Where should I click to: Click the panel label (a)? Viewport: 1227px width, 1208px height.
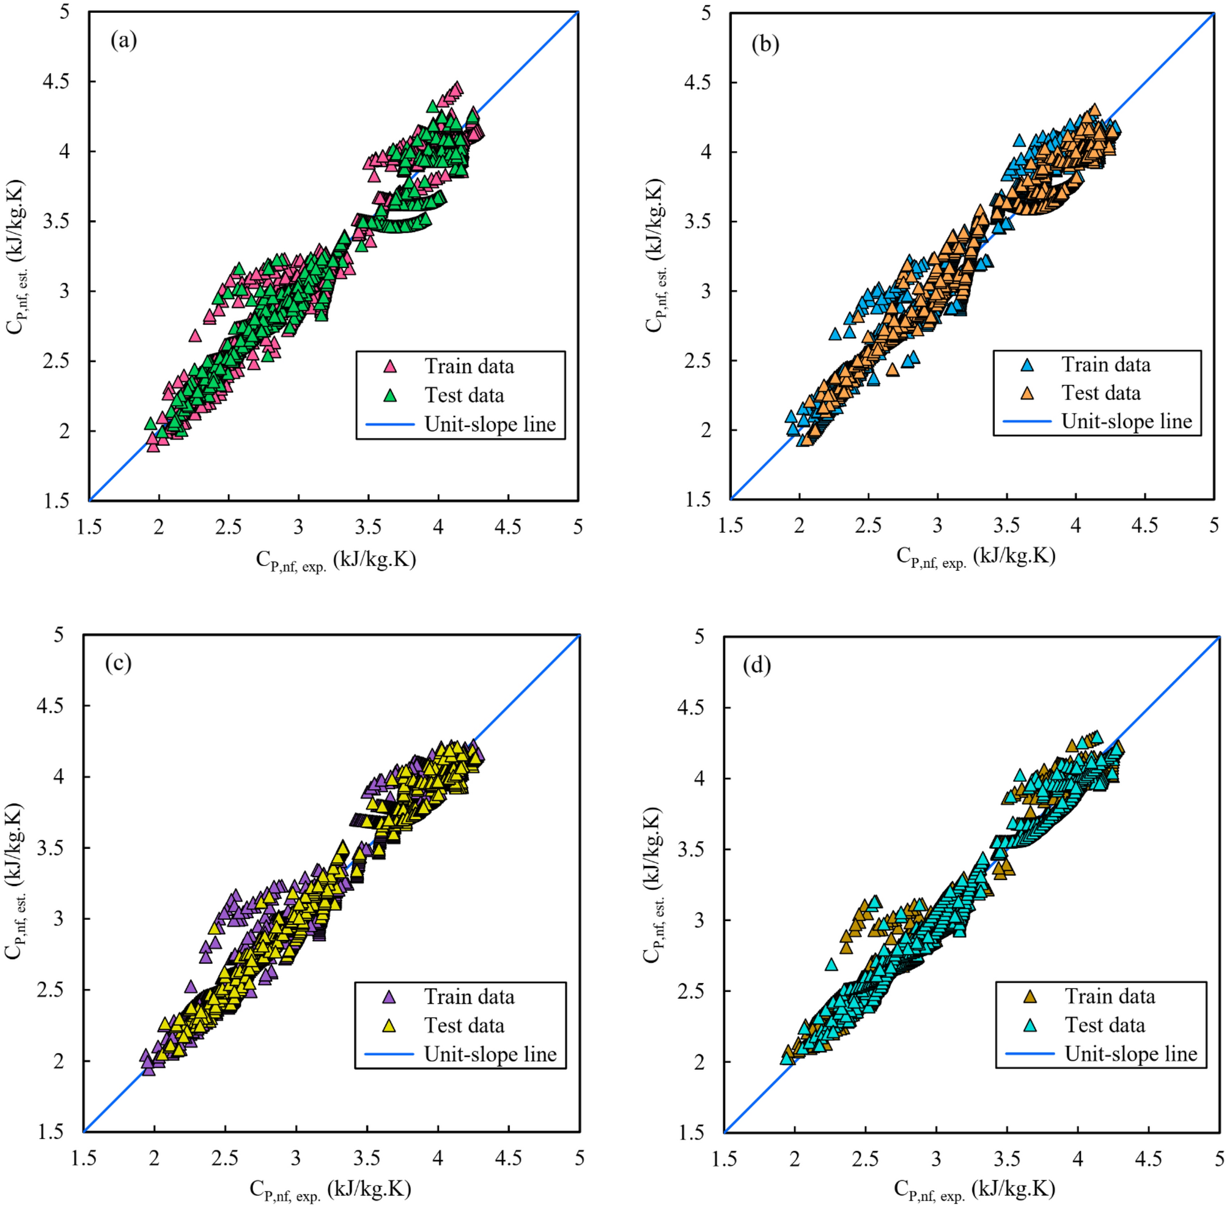[x=123, y=40]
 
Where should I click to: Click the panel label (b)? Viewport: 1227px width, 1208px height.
[x=765, y=45]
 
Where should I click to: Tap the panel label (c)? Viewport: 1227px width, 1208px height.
[x=118, y=662]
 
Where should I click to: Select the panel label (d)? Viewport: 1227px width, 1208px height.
[x=757, y=665]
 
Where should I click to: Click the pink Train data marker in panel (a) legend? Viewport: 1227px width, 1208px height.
[x=391, y=366]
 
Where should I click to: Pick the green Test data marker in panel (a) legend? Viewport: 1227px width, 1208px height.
[x=391, y=395]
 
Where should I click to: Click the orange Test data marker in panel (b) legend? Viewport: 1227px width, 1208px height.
[x=1027, y=393]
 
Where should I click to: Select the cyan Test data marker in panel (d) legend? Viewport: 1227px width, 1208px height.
[x=1030, y=1025]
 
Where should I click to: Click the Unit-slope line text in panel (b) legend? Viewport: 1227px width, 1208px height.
[x=1126, y=421]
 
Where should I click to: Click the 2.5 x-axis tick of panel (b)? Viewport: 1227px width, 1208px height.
[x=868, y=525]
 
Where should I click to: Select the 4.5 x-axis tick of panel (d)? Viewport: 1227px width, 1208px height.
[x=1148, y=1158]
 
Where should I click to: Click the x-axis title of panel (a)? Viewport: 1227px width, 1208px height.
[x=336, y=560]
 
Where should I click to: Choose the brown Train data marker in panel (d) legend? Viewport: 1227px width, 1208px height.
[x=1030, y=997]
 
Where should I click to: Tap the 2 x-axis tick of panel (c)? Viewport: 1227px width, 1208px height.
[x=154, y=1158]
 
